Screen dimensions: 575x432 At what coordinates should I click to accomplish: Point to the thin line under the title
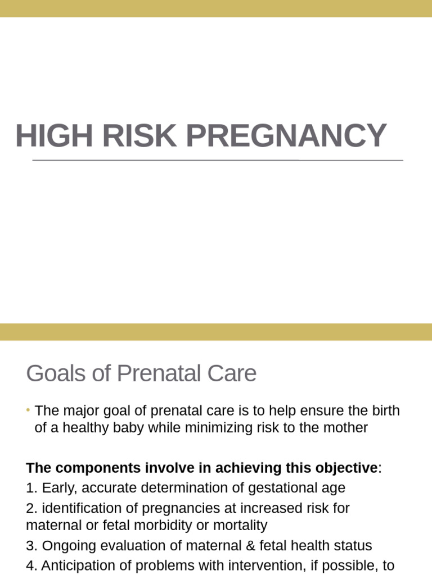point(218,161)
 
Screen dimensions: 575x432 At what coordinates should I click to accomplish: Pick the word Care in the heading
point(235,374)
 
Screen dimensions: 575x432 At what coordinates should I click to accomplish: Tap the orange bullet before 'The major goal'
point(28,410)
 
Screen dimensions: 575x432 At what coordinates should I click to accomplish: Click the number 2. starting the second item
point(31,508)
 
